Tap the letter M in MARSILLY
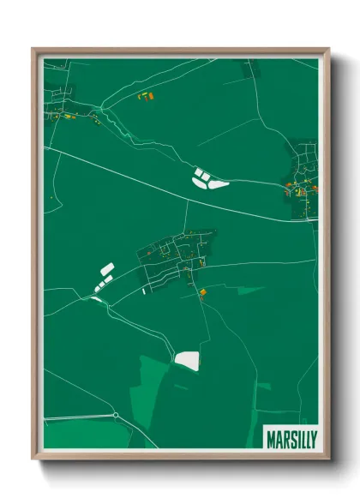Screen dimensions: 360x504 (271, 435)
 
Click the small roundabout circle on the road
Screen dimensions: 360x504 (116, 416)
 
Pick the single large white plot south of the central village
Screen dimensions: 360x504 (186, 359)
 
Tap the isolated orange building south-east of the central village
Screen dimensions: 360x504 (203, 292)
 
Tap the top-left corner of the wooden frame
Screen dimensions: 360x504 (34, 50)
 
